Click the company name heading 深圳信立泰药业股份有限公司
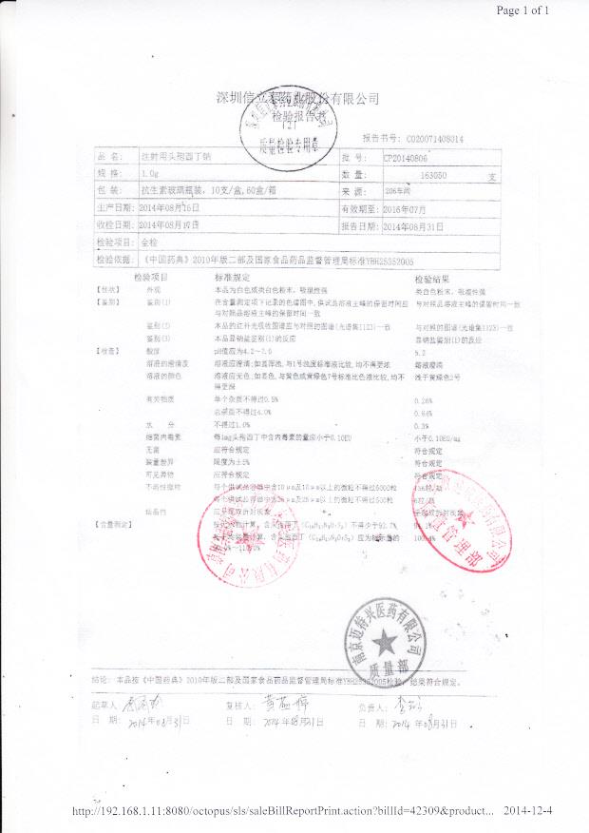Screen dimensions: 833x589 (x=298, y=99)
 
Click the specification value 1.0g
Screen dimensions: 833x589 (x=149, y=175)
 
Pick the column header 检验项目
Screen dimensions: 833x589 (x=150, y=276)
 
